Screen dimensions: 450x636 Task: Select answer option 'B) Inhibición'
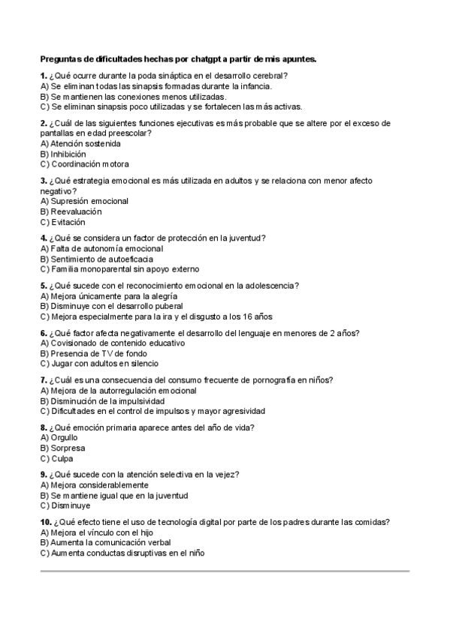click(x=63, y=154)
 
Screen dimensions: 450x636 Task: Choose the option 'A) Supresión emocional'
click(x=84, y=201)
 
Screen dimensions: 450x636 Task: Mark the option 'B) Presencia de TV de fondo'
click(x=93, y=353)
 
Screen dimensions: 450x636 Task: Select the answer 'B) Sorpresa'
click(x=62, y=448)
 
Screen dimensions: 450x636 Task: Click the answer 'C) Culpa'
click(x=57, y=458)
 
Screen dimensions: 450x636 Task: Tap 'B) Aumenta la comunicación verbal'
click(x=105, y=542)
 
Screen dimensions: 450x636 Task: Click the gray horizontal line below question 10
click(x=225, y=571)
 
